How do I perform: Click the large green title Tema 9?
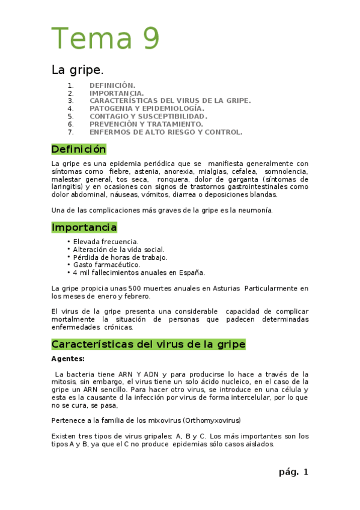click(106, 38)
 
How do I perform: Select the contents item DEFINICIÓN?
click(112, 85)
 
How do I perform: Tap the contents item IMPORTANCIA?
click(117, 93)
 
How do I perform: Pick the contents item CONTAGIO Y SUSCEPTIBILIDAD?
click(148, 116)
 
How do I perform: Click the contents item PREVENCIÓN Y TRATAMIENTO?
click(146, 124)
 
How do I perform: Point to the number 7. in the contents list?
click(70, 132)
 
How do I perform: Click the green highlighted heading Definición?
click(79, 149)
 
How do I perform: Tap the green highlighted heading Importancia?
click(84, 227)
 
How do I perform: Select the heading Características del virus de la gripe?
click(148, 345)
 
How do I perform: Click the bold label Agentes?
click(68, 359)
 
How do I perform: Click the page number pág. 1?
click(293, 472)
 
